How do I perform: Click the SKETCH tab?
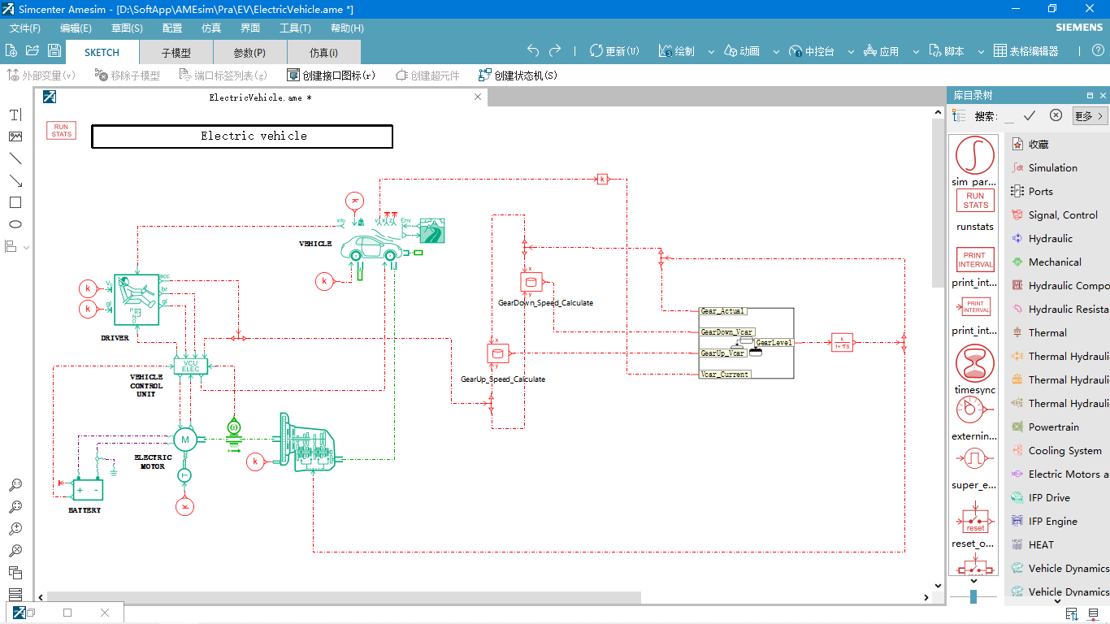tap(102, 52)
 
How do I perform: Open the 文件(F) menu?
tap(25, 28)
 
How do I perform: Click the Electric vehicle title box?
tap(242, 136)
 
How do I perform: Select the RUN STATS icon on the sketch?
tap(61, 131)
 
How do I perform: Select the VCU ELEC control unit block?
tap(191, 366)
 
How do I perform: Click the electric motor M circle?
tap(184, 440)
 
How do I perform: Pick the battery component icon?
tap(87, 490)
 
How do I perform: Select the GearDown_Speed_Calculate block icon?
tap(531, 282)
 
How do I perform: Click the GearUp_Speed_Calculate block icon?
tap(497, 353)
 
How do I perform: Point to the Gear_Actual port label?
tap(722, 311)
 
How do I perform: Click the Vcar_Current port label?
tap(725, 375)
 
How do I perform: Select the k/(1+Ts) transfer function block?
tap(842, 342)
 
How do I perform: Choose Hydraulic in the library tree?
tap(1050, 239)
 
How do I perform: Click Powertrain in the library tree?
tap(1053, 427)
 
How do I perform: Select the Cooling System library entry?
tap(1064, 451)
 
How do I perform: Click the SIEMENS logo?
tap(1079, 28)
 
